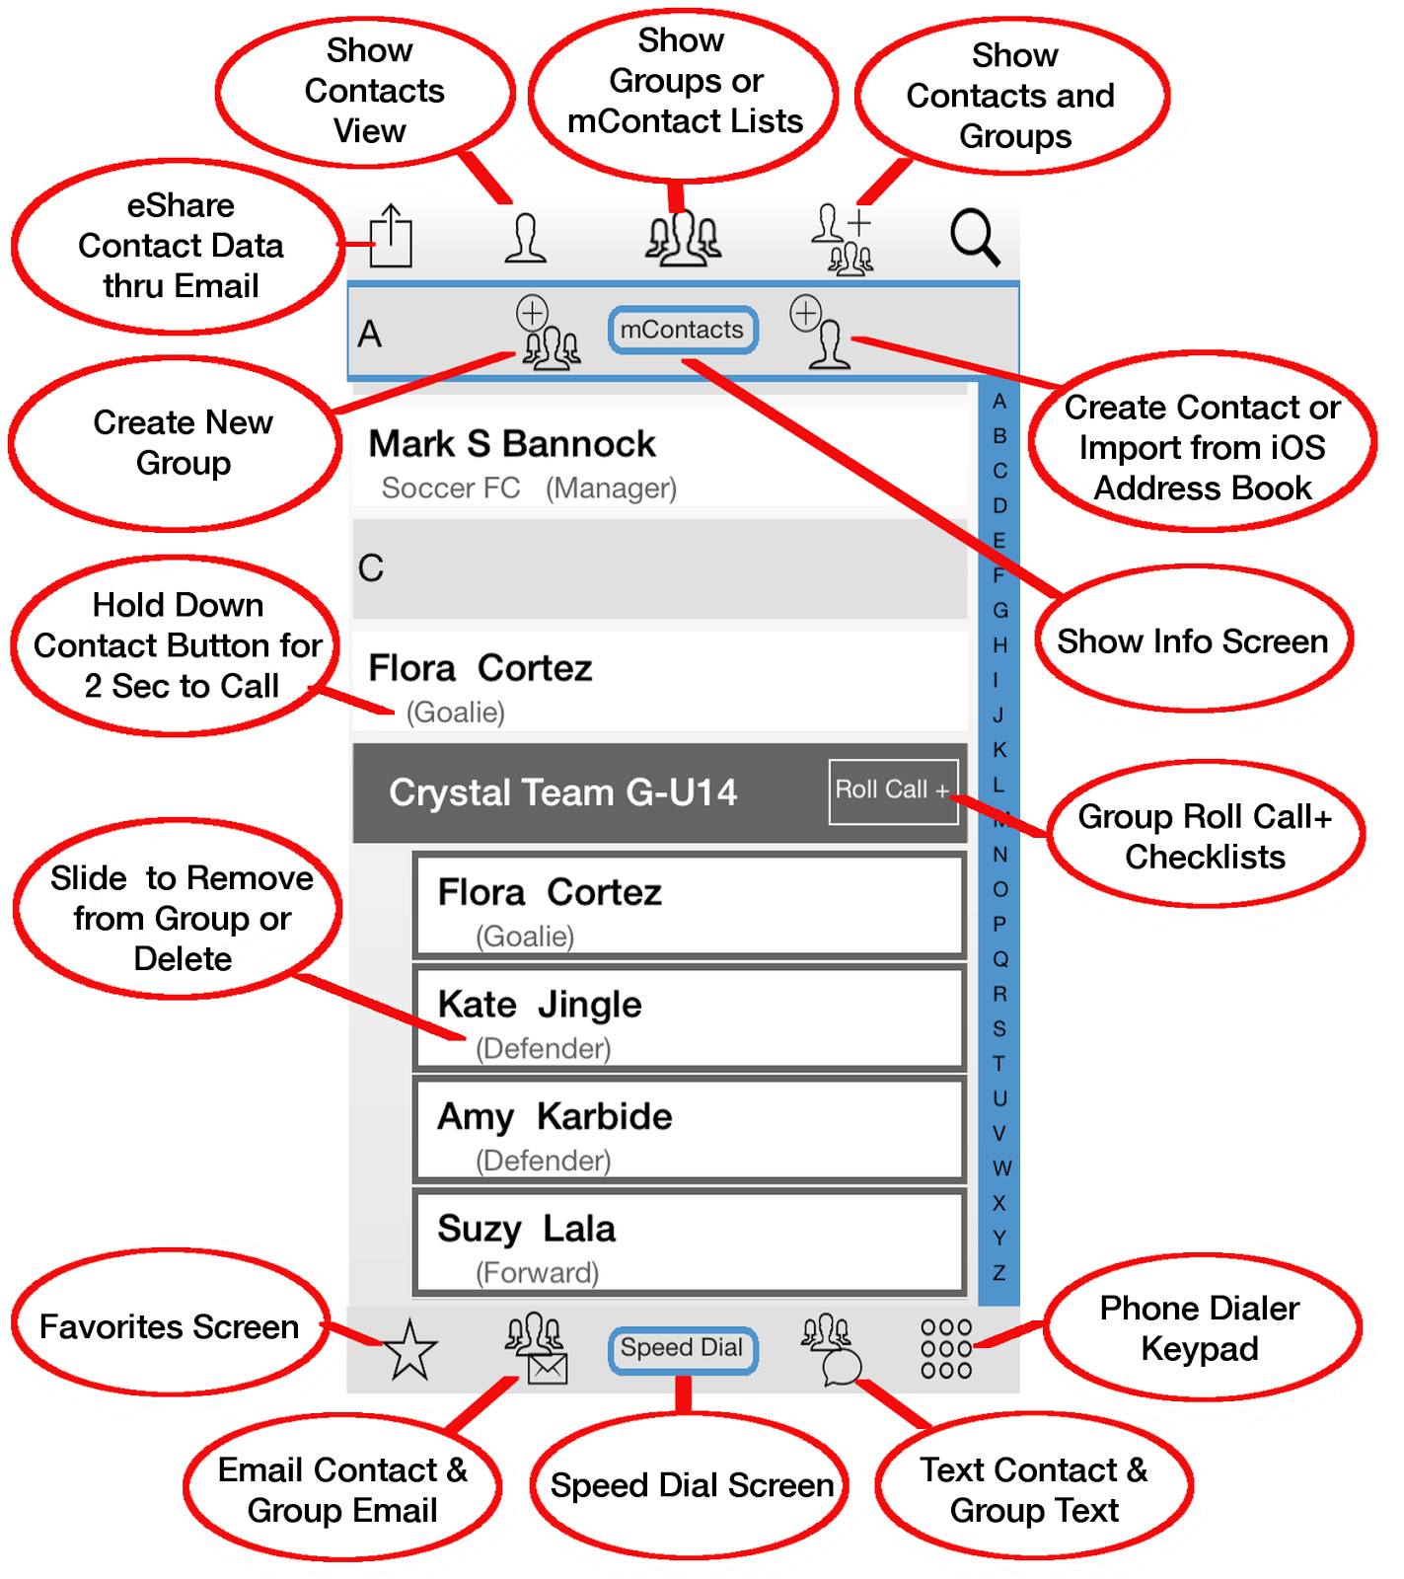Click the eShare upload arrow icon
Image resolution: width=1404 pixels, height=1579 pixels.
pos(391,237)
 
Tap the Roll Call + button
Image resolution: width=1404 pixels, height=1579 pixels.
pos(893,790)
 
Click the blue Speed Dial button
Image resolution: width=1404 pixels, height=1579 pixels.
pos(683,1349)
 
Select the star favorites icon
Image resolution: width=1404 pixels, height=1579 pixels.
pos(409,1350)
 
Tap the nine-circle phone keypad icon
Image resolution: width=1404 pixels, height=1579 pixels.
pos(946,1349)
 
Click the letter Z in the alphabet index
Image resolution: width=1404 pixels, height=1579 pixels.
pos(999,1272)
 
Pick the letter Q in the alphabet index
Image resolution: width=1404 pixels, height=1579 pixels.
pos(999,958)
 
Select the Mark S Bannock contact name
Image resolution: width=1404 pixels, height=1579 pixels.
pos(511,444)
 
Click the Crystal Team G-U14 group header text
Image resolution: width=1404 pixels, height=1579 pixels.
pos(562,792)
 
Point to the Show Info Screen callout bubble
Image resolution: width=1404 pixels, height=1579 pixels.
pos(1192,641)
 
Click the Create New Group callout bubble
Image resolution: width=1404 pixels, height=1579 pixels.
pos(183,442)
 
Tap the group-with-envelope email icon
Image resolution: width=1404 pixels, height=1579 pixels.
pos(536,1349)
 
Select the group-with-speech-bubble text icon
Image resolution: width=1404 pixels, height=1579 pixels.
pos(831,1349)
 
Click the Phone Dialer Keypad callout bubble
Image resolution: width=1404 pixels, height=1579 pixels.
pos(1200,1328)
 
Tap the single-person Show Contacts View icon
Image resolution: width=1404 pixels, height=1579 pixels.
pos(525,238)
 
